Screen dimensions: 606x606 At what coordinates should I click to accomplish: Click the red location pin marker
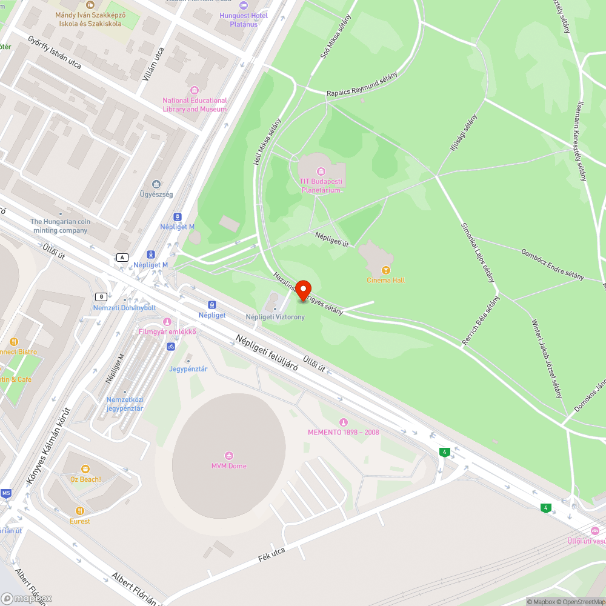tap(302, 291)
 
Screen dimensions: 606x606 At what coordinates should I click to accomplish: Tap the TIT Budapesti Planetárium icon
tap(321, 171)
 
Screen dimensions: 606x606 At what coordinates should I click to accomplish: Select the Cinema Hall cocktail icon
tap(385, 270)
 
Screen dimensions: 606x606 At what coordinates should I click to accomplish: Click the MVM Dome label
tap(228, 466)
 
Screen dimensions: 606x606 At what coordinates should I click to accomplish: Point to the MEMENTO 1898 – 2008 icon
tap(344, 422)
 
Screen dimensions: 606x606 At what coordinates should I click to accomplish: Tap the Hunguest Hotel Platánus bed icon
tap(244, 5)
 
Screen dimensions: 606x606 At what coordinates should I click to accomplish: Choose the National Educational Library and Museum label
tap(195, 105)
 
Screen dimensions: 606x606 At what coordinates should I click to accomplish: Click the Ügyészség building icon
tap(156, 184)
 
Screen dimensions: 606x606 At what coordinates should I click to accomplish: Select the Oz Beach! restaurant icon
tap(85, 469)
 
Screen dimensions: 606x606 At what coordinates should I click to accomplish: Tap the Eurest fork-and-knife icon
tap(79, 511)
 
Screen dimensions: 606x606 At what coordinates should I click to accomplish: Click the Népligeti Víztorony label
tap(275, 317)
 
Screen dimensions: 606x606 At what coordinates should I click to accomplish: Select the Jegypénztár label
tap(188, 369)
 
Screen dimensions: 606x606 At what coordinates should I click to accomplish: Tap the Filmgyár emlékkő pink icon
tap(167, 321)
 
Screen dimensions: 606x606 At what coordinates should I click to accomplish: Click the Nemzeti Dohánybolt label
tap(124, 308)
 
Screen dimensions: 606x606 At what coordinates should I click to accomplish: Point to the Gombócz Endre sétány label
tap(552, 264)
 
